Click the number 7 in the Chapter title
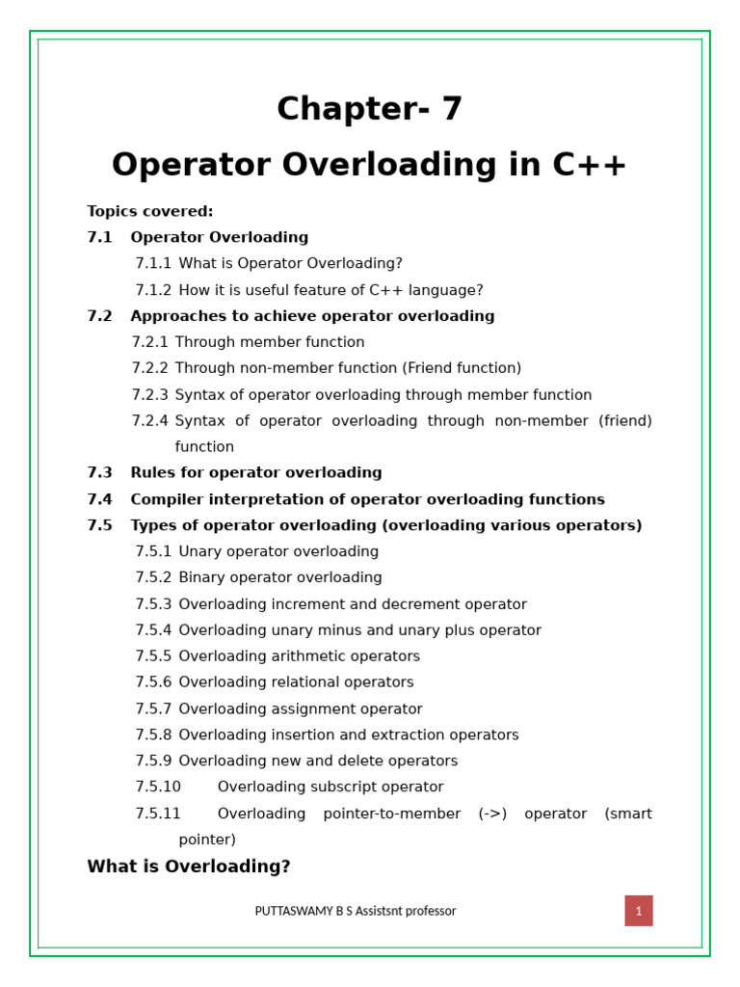[x=452, y=110]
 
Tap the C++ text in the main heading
[x=590, y=166]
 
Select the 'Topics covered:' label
[x=150, y=212]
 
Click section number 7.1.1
[x=153, y=264]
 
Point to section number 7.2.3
[x=149, y=395]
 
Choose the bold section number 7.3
[x=99, y=473]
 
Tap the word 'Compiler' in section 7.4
[x=165, y=499]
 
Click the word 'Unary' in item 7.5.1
[x=199, y=552]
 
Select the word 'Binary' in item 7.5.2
[x=202, y=578]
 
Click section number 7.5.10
[x=158, y=787]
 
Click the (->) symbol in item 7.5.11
[x=492, y=814]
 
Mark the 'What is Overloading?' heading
[x=189, y=867]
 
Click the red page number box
[x=638, y=911]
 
